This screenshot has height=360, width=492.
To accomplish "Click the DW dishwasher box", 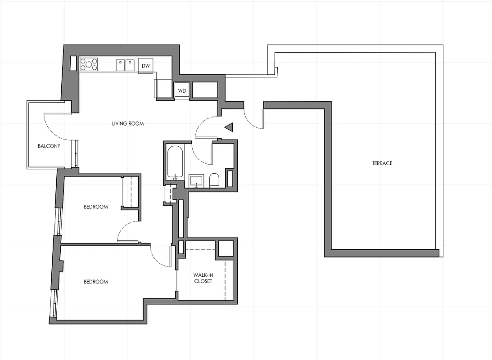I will point(145,66).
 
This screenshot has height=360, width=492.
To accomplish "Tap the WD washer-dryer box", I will point(182,90).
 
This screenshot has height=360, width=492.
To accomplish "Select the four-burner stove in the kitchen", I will point(89,65).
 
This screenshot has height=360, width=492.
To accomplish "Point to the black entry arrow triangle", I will point(229,128).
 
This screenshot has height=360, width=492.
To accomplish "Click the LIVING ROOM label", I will point(128,123).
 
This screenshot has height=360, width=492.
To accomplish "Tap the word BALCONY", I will point(49,146).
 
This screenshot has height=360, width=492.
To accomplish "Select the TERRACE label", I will point(382,163).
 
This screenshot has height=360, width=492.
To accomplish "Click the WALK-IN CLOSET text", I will point(203,278).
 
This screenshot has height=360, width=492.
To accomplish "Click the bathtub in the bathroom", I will point(175,162).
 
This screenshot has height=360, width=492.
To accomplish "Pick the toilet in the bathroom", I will point(214,180).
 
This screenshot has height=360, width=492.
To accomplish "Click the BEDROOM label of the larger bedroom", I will point(96,282).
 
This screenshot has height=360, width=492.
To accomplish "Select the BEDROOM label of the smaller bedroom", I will point(96,207).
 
